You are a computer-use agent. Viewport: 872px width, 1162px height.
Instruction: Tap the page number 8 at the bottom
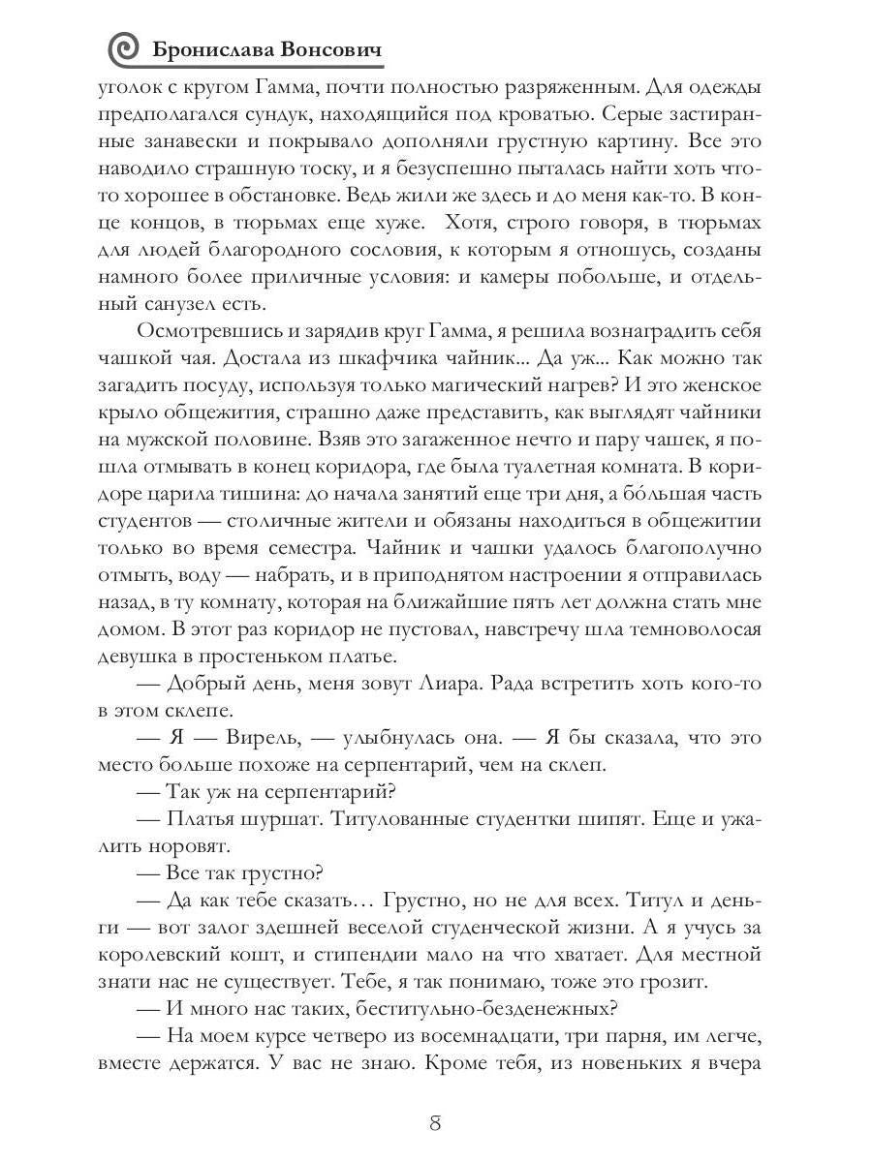[x=435, y=1123]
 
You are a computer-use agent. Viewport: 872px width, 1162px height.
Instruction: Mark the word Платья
[x=202, y=818]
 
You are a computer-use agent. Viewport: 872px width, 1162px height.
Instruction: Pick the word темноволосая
[x=699, y=628]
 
